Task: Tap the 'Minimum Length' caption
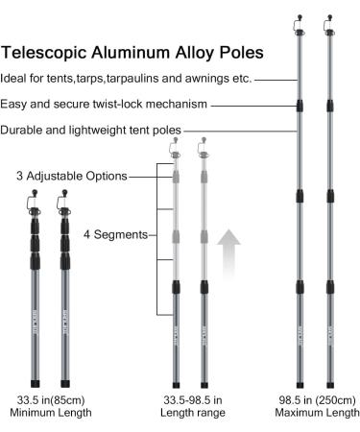[51, 413]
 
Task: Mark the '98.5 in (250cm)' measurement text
[317, 397]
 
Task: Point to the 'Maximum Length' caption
[317, 413]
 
